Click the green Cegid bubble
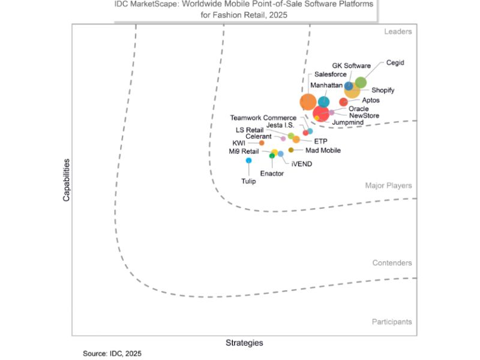[x=361, y=83]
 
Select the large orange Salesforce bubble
[x=308, y=102]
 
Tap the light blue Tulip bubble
[x=248, y=160]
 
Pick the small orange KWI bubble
[x=262, y=143]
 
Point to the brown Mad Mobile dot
[x=291, y=150]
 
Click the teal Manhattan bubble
[x=323, y=102]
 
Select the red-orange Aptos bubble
[x=343, y=102]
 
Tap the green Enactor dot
[x=272, y=156]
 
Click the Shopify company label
[x=383, y=90]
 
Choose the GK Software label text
[x=351, y=65]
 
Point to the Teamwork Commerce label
[x=263, y=118]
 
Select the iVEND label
[x=301, y=163]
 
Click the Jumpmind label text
[x=347, y=122]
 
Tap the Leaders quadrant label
[x=398, y=32]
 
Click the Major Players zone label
[x=388, y=186]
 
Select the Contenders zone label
[x=392, y=263]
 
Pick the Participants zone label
[x=391, y=322]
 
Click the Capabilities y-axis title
[x=67, y=179]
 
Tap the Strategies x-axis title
[x=244, y=343]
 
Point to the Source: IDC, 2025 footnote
[x=112, y=353]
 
